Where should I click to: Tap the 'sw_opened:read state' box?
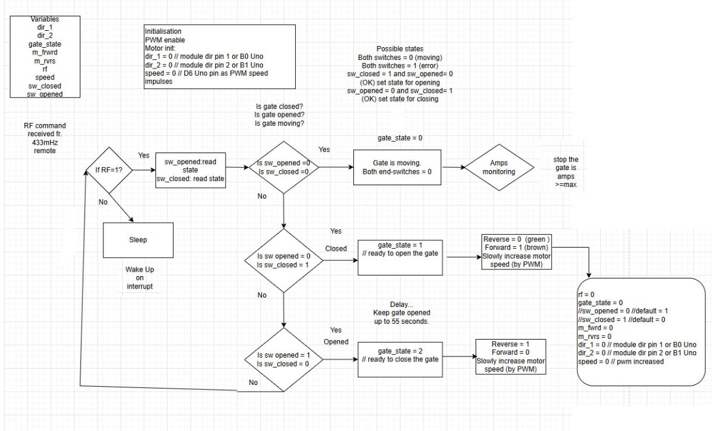191,171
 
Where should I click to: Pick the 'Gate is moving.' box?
397,167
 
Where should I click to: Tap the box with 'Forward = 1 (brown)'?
516,251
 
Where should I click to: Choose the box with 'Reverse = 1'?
511,356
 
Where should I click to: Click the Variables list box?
45,57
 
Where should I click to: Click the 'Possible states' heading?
399,48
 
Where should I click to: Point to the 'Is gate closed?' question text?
280,106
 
